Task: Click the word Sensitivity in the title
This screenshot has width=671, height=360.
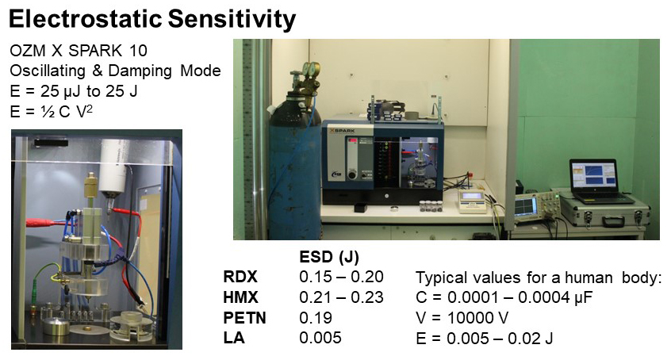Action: click(232, 20)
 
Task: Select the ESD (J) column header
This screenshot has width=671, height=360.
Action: click(329, 257)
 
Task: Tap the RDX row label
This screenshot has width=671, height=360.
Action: click(240, 277)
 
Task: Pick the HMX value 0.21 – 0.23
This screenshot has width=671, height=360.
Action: click(341, 297)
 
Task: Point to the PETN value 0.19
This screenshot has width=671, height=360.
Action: click(316, 318)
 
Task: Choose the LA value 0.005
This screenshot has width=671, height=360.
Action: click(320, 338)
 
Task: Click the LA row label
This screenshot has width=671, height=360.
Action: click(234, 338)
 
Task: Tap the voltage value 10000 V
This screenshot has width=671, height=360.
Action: click(478, 318)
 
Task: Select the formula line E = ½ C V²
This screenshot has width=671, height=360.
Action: click(52, 111)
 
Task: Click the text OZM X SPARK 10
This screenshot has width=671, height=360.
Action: click(79, 51)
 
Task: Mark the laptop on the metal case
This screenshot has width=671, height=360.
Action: click(596, 181)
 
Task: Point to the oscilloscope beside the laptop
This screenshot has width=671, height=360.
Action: click(535, 209)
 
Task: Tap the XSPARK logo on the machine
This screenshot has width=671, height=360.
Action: click(342, 130)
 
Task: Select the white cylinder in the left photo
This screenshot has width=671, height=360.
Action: click(115, 167)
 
